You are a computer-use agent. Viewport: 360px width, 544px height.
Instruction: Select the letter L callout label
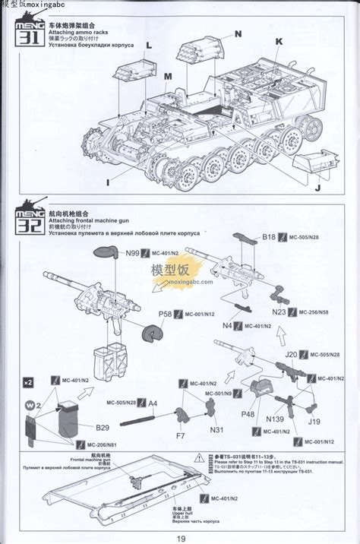point(149,46)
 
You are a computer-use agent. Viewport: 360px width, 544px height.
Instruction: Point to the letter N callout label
point(238,33)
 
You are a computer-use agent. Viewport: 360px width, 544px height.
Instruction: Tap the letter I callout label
point(108,182)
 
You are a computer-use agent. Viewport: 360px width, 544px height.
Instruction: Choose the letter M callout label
point(168,76)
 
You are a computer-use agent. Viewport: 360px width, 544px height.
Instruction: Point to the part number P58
point(165,314)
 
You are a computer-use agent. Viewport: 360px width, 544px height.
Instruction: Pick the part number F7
point(180,436)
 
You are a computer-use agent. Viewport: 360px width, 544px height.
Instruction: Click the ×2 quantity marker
point(28,381)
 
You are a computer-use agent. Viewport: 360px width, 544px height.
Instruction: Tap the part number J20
point(291,354)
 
